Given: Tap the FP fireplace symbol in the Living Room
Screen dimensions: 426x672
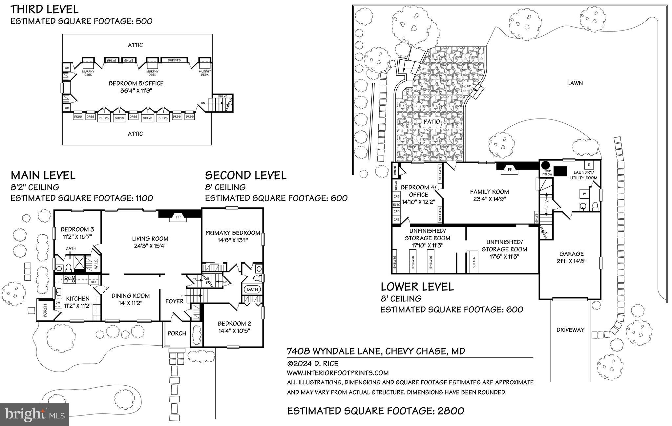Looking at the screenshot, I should coord(178,217).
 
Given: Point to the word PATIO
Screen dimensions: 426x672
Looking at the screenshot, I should coord(431,121).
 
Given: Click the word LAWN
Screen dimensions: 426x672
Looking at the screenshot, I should coord(575,83).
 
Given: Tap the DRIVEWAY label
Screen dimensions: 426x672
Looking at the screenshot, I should coord(570,330).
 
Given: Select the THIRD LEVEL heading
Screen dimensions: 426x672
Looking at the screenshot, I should coord(45,9).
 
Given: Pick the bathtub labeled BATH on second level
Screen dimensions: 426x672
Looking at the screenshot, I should coord(252,289).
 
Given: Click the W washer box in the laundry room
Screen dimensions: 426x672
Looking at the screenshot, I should coord(584,194).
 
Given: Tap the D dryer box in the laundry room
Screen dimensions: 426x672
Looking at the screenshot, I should coord(589,164).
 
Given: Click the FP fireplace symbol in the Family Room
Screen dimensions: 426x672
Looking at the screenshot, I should coord(510,170).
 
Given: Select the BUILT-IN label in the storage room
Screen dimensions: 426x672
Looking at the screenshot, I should coord(473,262).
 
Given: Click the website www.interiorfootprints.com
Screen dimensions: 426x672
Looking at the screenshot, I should coord(338,373).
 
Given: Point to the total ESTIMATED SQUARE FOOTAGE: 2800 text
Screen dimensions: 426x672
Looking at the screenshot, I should coord(375,411).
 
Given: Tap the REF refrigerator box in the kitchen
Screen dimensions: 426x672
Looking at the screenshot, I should coord(94,282).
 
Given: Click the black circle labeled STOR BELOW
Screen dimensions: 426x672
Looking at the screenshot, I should coord(545,165).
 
